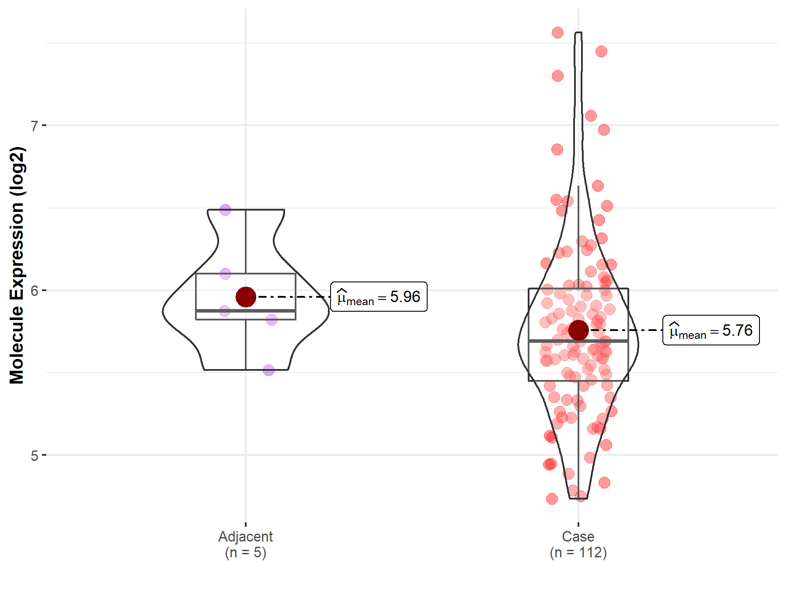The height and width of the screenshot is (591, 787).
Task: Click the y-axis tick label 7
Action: [x=34, y=126]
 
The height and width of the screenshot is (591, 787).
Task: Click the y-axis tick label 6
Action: [x=34, y=291]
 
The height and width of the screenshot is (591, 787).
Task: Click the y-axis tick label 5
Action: [x=34, y=456]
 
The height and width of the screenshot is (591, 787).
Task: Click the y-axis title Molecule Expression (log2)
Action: [x=17, y=265]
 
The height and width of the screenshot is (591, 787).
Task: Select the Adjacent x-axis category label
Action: [x=245, y=536]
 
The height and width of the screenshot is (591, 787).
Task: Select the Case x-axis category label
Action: [x=578, y=536]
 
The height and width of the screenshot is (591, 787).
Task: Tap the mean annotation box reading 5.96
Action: [x=379, y=297]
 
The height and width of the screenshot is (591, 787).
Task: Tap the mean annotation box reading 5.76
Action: [x=711, y=330]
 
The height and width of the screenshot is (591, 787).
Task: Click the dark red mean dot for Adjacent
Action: [x=246, y=297]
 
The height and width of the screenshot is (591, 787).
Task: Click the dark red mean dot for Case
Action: [x=578, y=330]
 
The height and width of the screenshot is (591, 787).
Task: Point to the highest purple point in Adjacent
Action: [x=225, y=210]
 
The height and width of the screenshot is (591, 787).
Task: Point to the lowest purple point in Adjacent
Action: [x=268, y=370]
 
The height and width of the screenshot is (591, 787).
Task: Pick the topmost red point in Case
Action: [x=557, y=32]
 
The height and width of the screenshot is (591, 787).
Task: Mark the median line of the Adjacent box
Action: [x=246, y=310]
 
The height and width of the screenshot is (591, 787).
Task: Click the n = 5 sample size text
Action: [x=245, y=552]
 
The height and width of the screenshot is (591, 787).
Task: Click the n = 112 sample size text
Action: [x=578, y=552]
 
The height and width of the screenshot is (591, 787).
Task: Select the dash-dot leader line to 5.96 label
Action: [x=293, y=297]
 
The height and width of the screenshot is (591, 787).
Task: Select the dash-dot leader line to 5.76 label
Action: [x=625, y=330]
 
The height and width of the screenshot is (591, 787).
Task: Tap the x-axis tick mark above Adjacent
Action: [x=246, y=524]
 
